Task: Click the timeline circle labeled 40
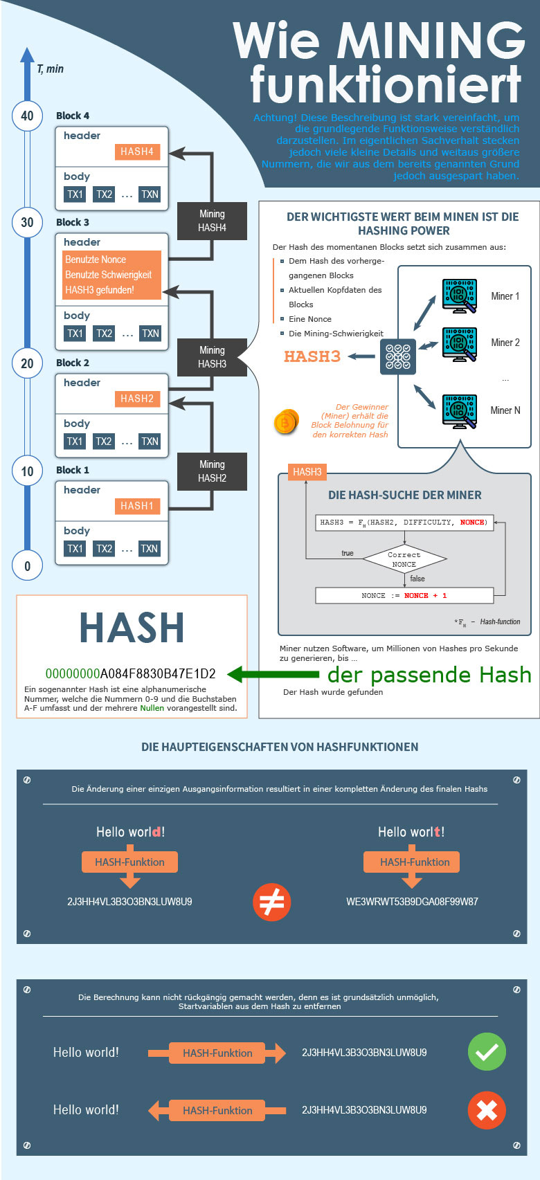pos(27,116)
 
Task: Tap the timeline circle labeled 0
pos(27,565)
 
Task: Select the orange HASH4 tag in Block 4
pos(137,152)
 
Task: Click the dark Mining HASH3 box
pos(212,357)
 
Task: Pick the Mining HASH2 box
pos(212,471)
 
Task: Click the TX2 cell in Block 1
pos(104,549)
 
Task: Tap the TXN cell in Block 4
pos(150,194)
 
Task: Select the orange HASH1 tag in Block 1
pos(137,506)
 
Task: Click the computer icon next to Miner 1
pos(459,296)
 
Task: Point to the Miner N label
pos(505,410)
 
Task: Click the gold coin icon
pos(286,421)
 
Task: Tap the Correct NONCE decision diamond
pos(404,559)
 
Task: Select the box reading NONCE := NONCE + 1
pos(404,595)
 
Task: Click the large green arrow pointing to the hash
pos(273,674)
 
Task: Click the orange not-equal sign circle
pos(271,902)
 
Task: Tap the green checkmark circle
pos(487,1052)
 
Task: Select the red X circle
pos(487,1110)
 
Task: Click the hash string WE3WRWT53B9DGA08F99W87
pos(412,902)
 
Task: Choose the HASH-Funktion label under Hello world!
pos(129,862)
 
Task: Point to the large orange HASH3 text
pos(312,356)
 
